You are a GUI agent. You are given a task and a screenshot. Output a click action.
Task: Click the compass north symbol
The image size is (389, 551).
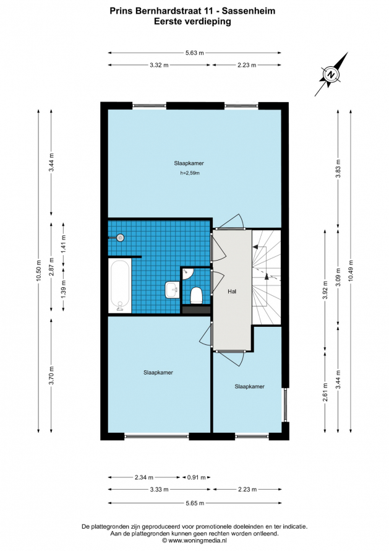[x=330, y=74]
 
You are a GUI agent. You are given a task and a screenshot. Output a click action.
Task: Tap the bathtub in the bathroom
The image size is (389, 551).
[x=119, y=285]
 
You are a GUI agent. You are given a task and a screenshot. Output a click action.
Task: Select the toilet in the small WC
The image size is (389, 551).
[x=196, y=295]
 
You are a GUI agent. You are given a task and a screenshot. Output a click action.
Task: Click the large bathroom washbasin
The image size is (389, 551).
[x=172, y=290]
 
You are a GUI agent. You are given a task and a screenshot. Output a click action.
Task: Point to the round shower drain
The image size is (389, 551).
[x=120, y=238]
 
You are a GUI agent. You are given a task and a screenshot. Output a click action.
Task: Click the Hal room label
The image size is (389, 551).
[x=232, y=292]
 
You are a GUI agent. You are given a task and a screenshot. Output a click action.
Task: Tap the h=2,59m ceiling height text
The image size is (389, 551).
[x=190, y=173]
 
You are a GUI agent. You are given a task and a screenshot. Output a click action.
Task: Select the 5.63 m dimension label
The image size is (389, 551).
[x=194, y=53]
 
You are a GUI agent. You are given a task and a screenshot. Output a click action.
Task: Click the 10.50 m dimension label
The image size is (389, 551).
[x=38, y=270]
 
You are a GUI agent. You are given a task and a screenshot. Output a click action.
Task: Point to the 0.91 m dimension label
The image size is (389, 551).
[x=197, y=477]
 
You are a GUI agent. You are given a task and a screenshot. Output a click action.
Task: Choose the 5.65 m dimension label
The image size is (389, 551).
[x=195, y=503]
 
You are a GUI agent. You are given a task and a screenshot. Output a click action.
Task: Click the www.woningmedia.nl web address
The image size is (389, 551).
[x=198, y=541]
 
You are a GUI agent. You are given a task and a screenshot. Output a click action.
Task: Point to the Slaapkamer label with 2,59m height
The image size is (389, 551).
[x=189, y=163]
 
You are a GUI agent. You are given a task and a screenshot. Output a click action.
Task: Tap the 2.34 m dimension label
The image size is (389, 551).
[x=144, y=477]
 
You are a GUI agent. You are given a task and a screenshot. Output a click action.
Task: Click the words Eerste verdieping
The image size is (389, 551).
[x=192, y=22]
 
